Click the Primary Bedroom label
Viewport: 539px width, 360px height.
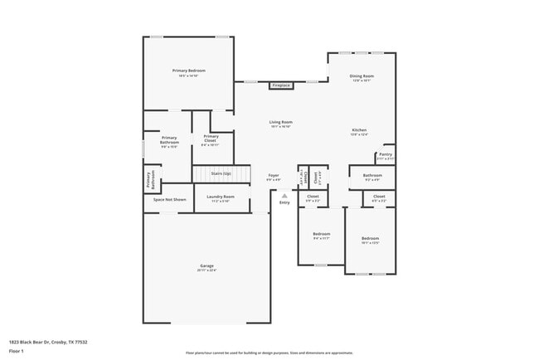[x=188, y=71]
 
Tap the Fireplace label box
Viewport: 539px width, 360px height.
[x=281, y=85]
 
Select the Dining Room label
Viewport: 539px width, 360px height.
[x=362, y=76]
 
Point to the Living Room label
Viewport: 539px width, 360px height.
[x=280, y=123]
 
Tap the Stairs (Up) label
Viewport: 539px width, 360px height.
[x=221, y=173]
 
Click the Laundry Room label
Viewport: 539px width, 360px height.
[x=221, y=197]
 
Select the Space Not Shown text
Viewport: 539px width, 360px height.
[x=169, y=200]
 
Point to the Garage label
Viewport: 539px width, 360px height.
[x=206, y=266]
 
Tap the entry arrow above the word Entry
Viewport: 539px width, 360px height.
[x=284, y=196]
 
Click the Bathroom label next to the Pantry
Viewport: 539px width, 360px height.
[x=372, y=176]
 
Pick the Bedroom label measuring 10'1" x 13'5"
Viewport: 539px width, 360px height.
[x=369, y=240]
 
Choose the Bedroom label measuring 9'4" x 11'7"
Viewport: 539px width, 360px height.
[x=321, y=235]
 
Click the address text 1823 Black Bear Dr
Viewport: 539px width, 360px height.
[x=48, y=341]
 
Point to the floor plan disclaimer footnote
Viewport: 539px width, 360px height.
[x=269, y=353]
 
